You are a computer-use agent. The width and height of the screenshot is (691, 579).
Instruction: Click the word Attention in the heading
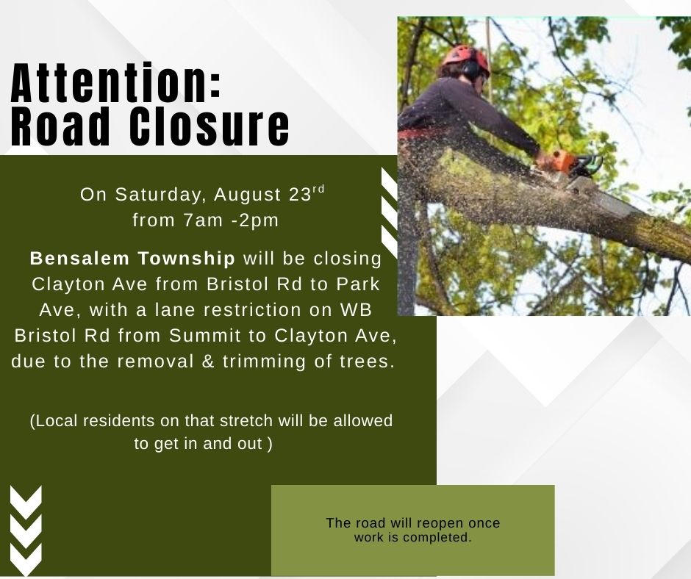[x=110, y=82]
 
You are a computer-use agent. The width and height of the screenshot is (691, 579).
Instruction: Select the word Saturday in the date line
[x=160, y=194]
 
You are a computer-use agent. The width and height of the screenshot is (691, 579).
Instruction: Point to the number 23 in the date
[x=301, y=194]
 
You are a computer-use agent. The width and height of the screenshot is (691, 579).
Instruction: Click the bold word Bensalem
[x=80, y=258]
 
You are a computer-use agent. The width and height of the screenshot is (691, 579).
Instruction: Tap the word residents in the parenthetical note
[x=118, y=421]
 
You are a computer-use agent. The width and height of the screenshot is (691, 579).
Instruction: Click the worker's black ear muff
[x=470, y=68]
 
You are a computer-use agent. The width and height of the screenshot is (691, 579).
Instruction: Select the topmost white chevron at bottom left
[x=26, y=503]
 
